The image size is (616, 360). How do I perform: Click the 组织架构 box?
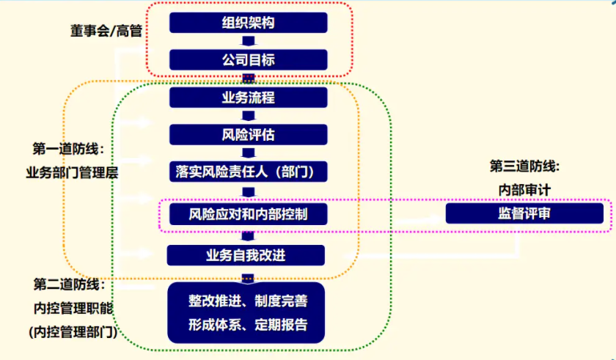pyautogui.click(x=248, y=23)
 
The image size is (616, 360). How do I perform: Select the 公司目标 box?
pyautogui.click(x=248, y=60)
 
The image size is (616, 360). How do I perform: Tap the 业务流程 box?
pyautogui.click(x=248, y=98)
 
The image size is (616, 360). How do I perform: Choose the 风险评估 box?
pyautogui.click(x=248, y=135)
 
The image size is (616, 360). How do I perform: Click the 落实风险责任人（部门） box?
pyautogui.click(x=248, y=172)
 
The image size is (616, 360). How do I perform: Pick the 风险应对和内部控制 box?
pyautogui.click(x=248, y=214)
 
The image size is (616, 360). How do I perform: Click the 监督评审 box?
pyautogui.click(x=524, y=213)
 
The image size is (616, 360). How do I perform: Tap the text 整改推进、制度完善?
pyautogui.click(x=248, y=301)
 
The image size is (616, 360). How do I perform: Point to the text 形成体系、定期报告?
pyautogui.click(x=248, y=324)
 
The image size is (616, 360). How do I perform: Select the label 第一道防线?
pyautogui.click(x=69, y=150)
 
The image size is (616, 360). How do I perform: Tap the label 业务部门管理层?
pyautogui.click(x=72, y=172)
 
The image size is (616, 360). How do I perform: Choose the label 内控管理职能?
pyautogui.click(x=72, y=307)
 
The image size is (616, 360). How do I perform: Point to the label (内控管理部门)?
pyautogui.click(x=72, y=331)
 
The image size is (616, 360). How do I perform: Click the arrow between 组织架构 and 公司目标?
pyautogui.click(x=248, y=42)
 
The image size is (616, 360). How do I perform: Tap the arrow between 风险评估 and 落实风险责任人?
pyautogui.click(x=248, y=153)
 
